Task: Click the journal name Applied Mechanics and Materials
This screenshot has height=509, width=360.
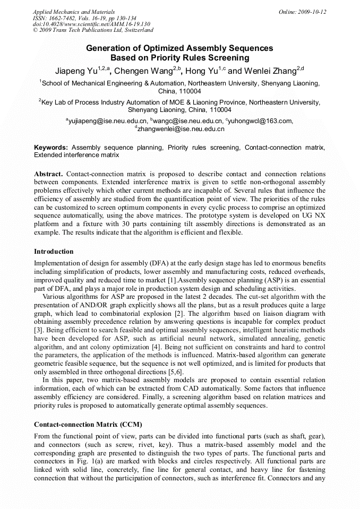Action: [73, 12]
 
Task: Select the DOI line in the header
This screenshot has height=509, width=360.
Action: [91, 24]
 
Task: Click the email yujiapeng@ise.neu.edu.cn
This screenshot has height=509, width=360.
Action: [108, 121]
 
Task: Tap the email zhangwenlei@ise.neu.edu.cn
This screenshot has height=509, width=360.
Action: [181, 129]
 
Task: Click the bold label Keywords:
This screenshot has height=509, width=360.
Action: [51, 148]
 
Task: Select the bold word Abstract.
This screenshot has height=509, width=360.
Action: [48, 174]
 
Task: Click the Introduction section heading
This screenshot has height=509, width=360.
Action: [54, 252]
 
